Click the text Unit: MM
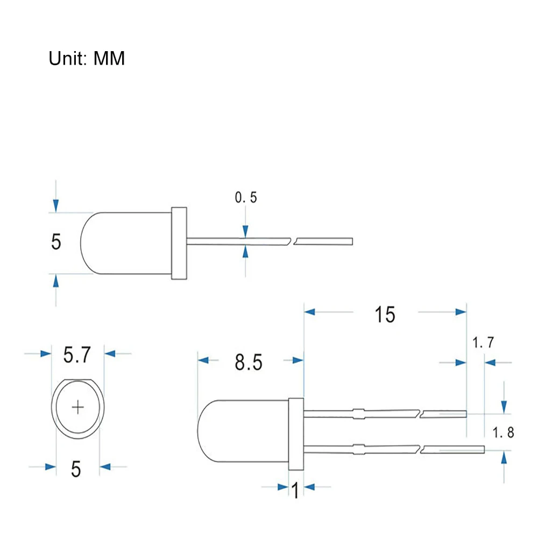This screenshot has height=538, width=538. pyautogui.click(x=87, y=58)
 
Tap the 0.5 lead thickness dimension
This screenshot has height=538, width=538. pyautogui.click(x=246, y=197)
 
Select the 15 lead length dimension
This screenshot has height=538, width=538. pyautogui.click(x=385, y=314)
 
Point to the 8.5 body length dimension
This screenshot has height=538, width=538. pyautogui.click(x=249, y=362)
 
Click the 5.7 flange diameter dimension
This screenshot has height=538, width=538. pyautogui.click(x=77, y=355)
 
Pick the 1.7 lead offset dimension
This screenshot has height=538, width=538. pyautogui.click(x=483, y=342)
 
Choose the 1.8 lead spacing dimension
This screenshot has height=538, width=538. pyautogui.click(x=504, y=433)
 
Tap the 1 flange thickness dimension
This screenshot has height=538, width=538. pyautogui.click(x=295, y=490)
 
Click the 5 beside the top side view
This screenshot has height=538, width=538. pyautogui.click(x=56, y=242)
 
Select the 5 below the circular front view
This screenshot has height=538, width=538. pyautogui.click(x=76, y=469)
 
